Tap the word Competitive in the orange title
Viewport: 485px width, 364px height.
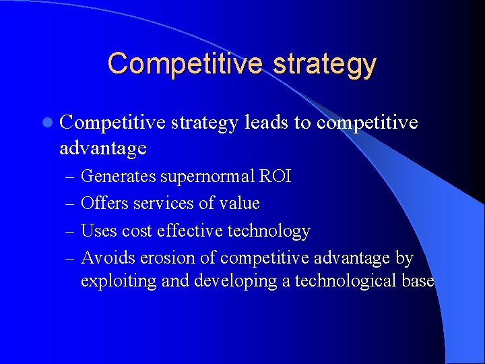click(183, 63)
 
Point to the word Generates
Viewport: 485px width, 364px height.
click(118, 177)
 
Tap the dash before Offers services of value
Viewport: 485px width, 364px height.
click(69, 204)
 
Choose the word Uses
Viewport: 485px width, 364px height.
click(98, 231)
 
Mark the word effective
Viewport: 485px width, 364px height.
click(188, 231)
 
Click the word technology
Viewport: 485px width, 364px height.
click(269, 232)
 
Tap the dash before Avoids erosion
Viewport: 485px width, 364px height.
click(69, 258)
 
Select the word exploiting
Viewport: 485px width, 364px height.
click(119, 281)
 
